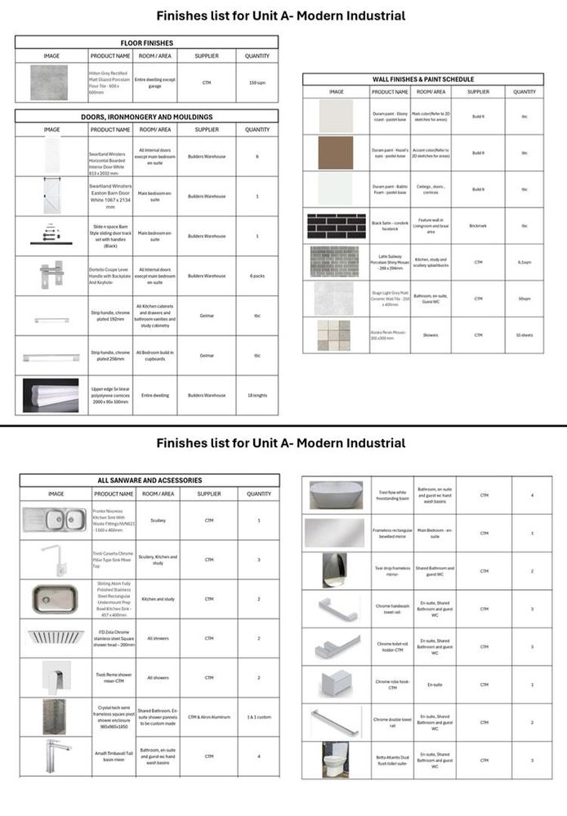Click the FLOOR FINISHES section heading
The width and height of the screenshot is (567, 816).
147,42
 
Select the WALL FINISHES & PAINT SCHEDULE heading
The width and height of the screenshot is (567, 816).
423,79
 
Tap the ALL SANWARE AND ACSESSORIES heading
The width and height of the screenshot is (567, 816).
150,481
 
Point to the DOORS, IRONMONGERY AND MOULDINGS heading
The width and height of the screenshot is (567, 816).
147,117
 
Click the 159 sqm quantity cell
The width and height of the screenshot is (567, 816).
257,82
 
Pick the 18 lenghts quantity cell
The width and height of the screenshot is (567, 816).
257,395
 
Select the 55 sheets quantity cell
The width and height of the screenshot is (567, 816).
525,335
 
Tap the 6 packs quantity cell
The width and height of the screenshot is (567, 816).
257,276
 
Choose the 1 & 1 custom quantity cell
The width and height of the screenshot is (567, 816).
259,716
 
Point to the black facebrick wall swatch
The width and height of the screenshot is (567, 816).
336,226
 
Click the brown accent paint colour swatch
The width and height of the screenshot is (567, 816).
336,153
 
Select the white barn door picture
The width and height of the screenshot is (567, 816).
51,197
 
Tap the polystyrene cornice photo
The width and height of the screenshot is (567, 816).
51,395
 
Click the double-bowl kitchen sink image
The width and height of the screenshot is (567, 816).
56,520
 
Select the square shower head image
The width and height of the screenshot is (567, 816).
56,637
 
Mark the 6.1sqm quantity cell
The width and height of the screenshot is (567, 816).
525,262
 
